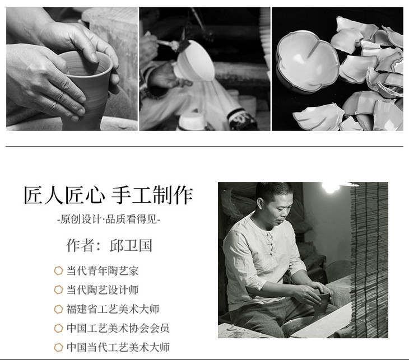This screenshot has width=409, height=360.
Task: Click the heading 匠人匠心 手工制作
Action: tap(108, 195)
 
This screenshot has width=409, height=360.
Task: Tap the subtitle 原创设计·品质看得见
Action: tap(109, 219)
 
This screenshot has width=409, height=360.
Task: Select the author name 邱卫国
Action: tap(131, 246)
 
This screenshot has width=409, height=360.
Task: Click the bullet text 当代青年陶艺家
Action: tap(103, 271)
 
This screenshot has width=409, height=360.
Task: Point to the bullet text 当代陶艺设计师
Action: tap(103, 290)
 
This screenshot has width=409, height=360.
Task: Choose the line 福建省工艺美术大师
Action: tap(113, 309)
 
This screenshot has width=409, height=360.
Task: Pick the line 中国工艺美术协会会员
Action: tap(118, 328)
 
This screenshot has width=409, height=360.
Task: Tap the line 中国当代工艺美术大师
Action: tap(118, 347)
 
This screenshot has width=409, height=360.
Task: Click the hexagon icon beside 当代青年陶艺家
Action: tap(58, 270)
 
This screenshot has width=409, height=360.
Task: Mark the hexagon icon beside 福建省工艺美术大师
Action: tap(58, 309)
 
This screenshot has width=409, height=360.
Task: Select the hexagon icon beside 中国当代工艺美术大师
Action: tap(58, 347)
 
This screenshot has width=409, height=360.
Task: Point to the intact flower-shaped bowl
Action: tap(308, 62)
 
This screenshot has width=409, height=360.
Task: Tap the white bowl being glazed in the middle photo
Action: tap(193, 61)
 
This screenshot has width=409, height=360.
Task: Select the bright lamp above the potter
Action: tap(331, 186)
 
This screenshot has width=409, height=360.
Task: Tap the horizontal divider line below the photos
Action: tap(204, 147)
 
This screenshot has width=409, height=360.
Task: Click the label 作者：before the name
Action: tap(83, 246)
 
